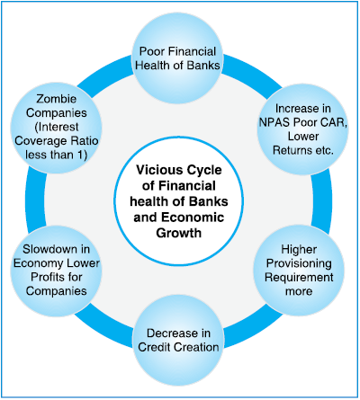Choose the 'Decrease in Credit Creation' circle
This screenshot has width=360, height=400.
pyautogui.click(x=179, y=340)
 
